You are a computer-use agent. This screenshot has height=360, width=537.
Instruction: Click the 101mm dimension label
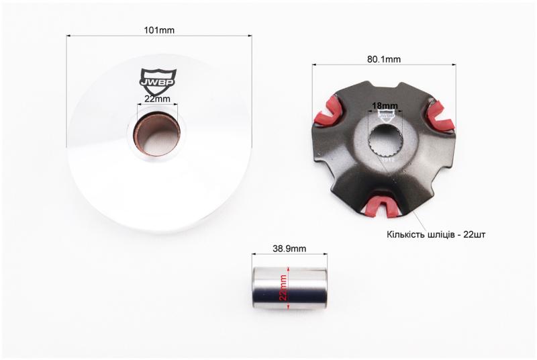(x=159, y=30)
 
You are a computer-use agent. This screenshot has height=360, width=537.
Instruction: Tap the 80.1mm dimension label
(x=384, y=59)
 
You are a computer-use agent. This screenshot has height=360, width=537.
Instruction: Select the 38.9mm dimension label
(x=289, y=249)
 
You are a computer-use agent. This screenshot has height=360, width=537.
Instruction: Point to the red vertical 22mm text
(x=283, y=287)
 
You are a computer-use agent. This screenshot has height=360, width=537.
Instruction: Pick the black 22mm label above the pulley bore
(x=157, y=99)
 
